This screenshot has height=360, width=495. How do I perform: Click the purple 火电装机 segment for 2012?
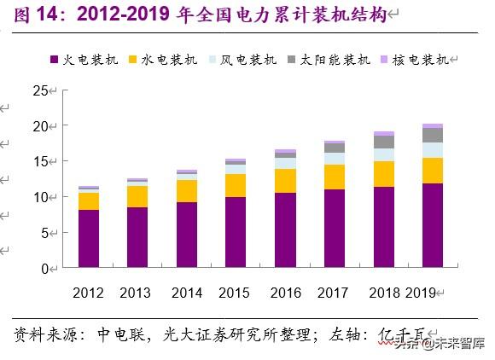89,239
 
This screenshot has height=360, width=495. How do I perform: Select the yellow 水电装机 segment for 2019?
433,171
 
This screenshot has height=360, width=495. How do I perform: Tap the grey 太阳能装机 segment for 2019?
433,135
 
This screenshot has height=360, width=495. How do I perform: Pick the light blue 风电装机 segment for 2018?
384,154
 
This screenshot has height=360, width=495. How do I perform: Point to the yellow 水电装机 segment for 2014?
187,191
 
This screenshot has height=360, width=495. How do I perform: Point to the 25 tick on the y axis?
41,90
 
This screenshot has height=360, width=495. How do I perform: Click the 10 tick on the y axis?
41,197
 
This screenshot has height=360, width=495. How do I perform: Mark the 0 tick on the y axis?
44,268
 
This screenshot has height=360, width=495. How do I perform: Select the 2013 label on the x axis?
137,293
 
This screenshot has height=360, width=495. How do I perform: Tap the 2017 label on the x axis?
334,293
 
